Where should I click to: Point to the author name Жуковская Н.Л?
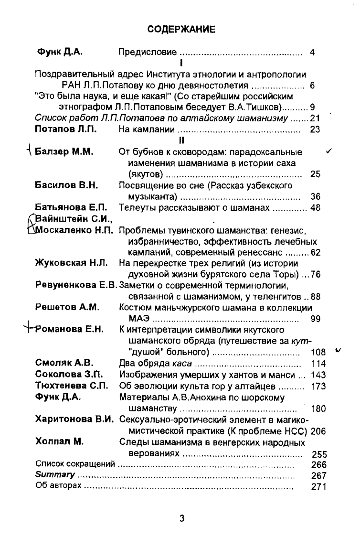point(72,263)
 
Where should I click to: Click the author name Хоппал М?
point(60,442)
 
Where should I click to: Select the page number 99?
point(315,319)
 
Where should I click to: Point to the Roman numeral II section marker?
point(181,140)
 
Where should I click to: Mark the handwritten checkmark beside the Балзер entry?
point(329,151)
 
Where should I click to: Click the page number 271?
point(318,487)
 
